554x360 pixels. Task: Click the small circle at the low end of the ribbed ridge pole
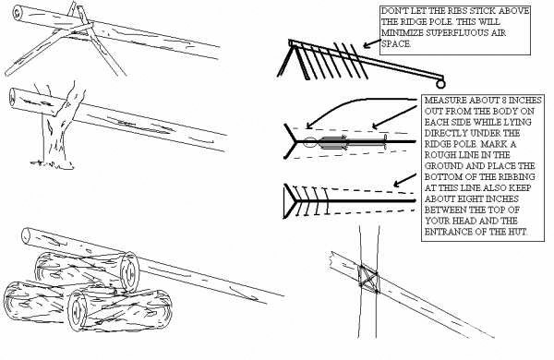click(440, 84)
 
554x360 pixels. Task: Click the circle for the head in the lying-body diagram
click(310, 141)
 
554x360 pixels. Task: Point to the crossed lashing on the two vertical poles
click(368, 279)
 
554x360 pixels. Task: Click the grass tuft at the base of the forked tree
click(53, 164)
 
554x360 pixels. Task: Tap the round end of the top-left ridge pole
click(18, 13)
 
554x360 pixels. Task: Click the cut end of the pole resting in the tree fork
click(12, 97)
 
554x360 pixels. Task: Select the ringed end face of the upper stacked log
click(129, 272)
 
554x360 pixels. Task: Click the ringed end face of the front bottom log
click(77, 310)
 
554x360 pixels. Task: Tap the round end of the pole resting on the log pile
click(26, 236)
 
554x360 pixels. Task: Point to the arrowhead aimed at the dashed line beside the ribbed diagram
click(397, 184)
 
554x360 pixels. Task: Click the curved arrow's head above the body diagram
click(309, 125)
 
